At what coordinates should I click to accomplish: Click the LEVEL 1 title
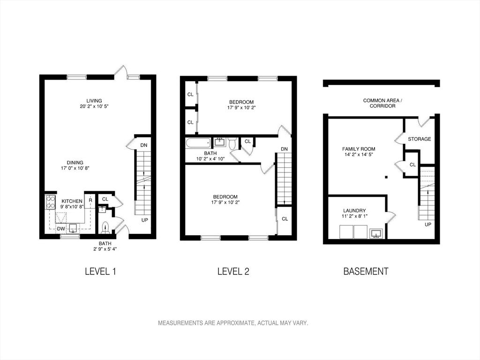click(100, 271)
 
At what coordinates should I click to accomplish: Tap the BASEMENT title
click(366, 271)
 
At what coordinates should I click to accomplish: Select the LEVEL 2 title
click(233, 271)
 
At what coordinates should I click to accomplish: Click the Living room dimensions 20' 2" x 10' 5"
click(94, 106)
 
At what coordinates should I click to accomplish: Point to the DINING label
click(75, 163)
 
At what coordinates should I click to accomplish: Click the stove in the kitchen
click(51, 202)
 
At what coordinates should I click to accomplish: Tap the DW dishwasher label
click(61, 229)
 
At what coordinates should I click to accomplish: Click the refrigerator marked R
click(90, 201)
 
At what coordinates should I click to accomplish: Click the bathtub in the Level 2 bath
click(198, 142)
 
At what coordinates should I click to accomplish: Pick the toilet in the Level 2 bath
click(232, 142)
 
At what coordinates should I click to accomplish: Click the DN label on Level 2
click(285, 149)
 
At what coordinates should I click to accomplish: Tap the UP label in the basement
click(428, 225)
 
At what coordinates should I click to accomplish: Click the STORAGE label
click(420, 139)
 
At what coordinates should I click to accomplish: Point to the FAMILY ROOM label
click(359, 149)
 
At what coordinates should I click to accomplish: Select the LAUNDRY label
click(354, 210)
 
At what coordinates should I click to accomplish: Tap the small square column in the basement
click(386, 177)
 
